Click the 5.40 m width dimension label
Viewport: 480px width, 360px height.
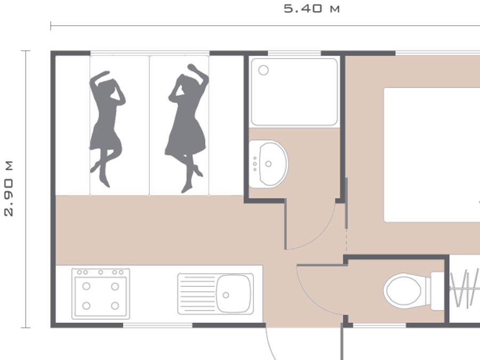pos(311,9)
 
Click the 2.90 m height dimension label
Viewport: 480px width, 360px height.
pos(9,189)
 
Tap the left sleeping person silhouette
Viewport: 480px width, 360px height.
pos(107,129)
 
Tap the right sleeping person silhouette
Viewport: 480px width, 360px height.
pos(187,129)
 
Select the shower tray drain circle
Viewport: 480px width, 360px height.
pos(263,70)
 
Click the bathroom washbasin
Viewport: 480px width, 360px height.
pos(268,164)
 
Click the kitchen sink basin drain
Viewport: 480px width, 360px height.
pos(226,295)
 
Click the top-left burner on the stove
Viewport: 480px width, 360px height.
pos(86,286)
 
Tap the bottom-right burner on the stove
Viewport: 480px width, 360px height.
pos(115,306)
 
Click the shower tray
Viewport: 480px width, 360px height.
pos(294,92)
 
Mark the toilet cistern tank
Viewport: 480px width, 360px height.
pos(437,291)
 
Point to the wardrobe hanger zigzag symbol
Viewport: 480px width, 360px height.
pos(465,288)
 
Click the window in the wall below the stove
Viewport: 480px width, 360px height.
pos(158,325)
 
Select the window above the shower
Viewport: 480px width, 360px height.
pos(294,53)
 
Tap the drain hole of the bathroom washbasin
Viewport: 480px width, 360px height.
pos(268,164)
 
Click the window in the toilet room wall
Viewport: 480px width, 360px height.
pos(380,325)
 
